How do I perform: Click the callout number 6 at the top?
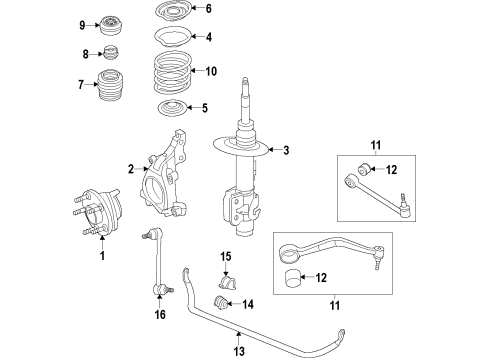coord(208,9)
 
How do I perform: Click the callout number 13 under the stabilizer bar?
coord(239,351)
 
